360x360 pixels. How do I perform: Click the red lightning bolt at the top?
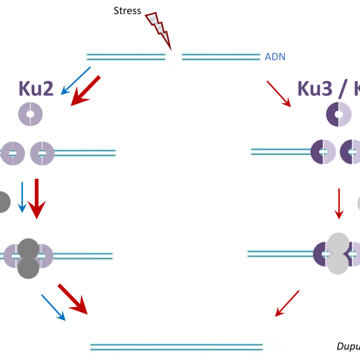(158, 29)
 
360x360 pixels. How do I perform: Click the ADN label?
(275, 57)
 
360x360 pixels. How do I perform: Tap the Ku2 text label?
(36, 89)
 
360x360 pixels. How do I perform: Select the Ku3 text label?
(314, 89)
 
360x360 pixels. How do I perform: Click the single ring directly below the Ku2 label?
(30, 114)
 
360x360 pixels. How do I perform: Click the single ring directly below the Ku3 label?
(338, 114)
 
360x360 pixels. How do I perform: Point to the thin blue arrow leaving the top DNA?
(76, 81)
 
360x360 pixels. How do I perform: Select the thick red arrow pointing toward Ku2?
(85, 91)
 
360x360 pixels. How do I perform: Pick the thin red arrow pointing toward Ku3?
(279, 94)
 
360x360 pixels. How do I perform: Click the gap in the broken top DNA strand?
(173, 58)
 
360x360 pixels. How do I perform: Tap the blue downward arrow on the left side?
(22, 197)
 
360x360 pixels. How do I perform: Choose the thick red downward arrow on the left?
(37, 198)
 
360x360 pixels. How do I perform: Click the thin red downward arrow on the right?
(339, 203)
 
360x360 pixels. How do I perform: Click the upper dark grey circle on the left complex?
(28, 248)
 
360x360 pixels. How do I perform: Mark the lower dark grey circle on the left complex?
(28, 268)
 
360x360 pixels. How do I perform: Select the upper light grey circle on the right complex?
(338, 243)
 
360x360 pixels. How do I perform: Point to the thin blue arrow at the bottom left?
(53, 307)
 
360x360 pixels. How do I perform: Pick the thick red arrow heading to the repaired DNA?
(73, 299)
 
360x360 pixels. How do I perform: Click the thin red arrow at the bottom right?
(287, 304)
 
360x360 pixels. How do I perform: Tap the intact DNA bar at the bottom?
(191, 347)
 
